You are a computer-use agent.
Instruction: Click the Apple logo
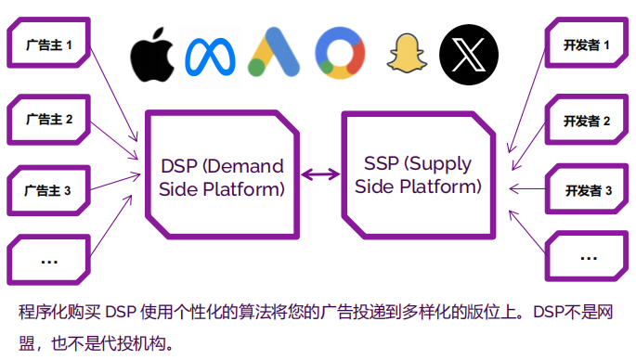pyautogui.click(x=152, y=55)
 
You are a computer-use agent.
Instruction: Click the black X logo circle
pyautogui.click(x=468, y=53)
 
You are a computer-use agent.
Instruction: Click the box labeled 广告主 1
pyautogui.click(x=49, y=45)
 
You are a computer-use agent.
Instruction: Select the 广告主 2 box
pyautogui.click(x=49, y=119)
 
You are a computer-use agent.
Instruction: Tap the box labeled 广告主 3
pyautogui.click(x=49, y=192)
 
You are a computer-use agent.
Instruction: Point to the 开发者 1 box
pyautogui.click(x=586, y=45)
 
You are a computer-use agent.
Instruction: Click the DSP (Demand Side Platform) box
pyautogui.click(x=221, y=175)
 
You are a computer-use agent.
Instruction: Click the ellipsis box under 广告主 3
pyautogui.click(x=49, y=261)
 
